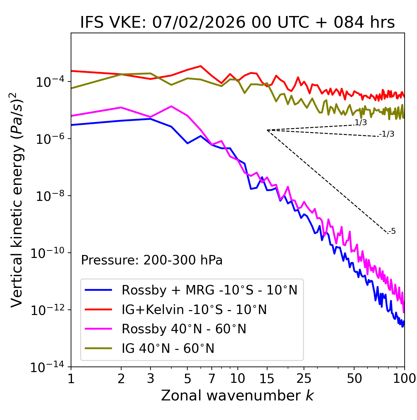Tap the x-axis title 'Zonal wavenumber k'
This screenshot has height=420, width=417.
237,396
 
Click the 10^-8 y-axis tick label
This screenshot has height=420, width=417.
49,196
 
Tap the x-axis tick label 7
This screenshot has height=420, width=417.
212,379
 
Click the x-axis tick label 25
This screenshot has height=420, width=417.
304,379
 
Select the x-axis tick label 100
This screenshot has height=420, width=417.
404,379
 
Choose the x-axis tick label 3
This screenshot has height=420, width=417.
151,379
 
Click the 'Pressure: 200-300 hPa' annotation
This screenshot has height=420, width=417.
152,260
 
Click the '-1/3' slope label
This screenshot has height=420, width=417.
387,134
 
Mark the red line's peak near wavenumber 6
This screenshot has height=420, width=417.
201,66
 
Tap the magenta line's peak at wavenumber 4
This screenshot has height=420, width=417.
171,106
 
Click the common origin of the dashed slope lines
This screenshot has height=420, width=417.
267,130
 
